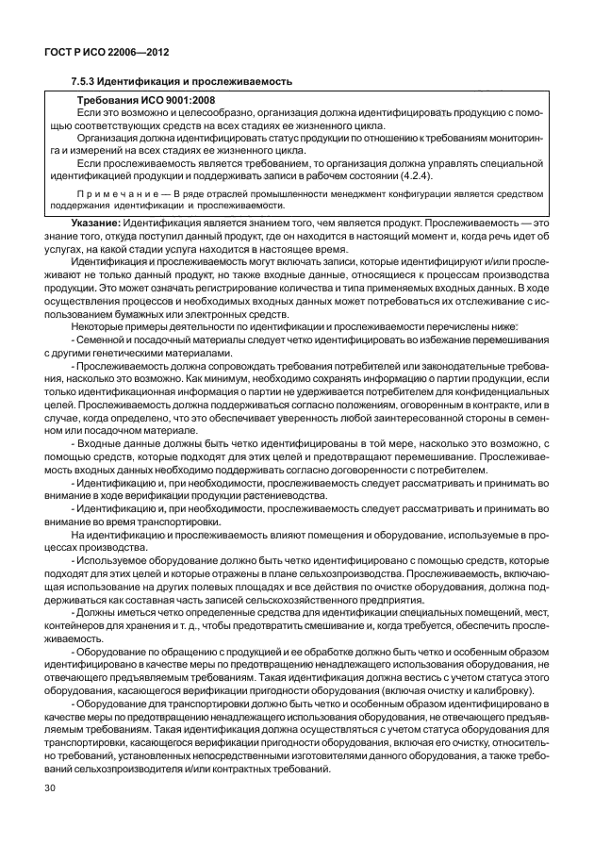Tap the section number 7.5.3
pyautogui.click(x=87, y=83)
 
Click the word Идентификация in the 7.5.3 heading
pyautogui.click(x=143, y=83)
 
